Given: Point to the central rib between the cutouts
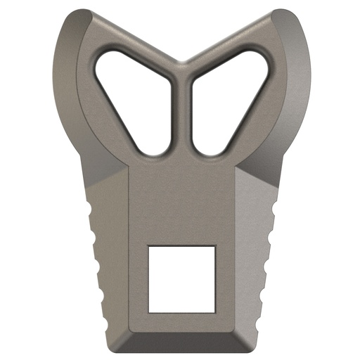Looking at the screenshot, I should (181, 112).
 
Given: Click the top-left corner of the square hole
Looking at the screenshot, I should (149, 247).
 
